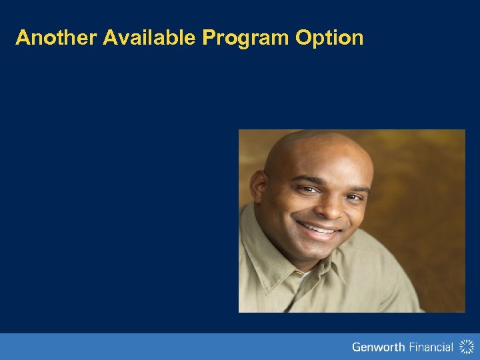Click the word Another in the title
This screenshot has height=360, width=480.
57,38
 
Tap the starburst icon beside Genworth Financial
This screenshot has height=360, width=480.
466,347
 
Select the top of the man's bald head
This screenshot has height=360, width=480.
317,137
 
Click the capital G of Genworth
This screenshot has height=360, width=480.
357,347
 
